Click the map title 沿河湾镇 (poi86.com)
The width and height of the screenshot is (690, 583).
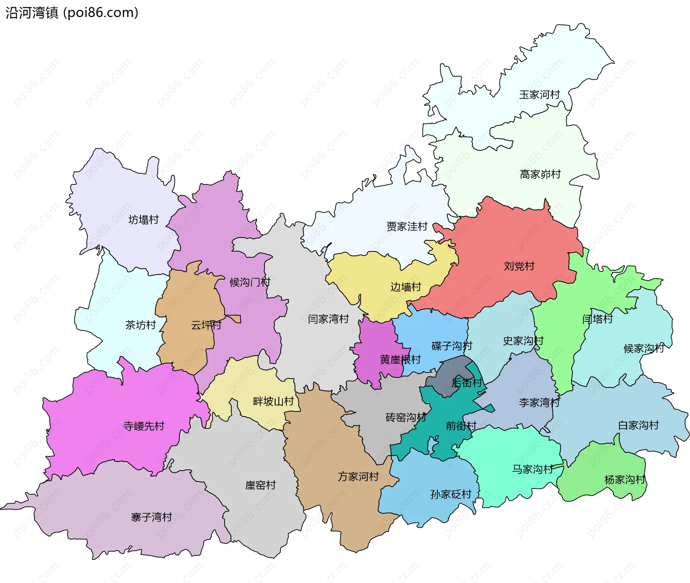point(72,13)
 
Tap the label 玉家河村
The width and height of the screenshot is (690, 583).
point(539,95)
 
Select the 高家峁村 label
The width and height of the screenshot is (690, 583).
point(540,174)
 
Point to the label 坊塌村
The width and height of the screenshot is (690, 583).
point(143,220)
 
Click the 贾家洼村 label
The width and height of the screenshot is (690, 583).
point(407,226)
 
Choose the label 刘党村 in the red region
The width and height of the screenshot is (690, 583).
point(519,266)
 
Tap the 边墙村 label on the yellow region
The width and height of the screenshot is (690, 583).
point(406,287)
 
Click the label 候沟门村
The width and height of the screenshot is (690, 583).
point(250,282)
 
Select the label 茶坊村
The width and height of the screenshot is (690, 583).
point(140,325)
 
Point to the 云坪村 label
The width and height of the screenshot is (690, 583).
point(206,325)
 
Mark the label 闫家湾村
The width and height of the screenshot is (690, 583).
point(328,319)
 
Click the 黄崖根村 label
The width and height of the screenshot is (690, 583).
point(400,359)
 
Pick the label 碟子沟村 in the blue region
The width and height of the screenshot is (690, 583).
point(452,346)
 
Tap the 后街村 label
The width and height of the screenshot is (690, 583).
point(466,382)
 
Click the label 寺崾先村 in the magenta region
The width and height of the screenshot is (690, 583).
point(144,426)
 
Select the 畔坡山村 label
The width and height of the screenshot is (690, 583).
point(273,401)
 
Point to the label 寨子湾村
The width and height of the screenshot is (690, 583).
point(151,517)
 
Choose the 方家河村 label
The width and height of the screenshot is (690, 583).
point(358,477)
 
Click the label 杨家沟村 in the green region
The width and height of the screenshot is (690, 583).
point(625,479)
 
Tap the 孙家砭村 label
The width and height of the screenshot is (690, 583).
point(451,494)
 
